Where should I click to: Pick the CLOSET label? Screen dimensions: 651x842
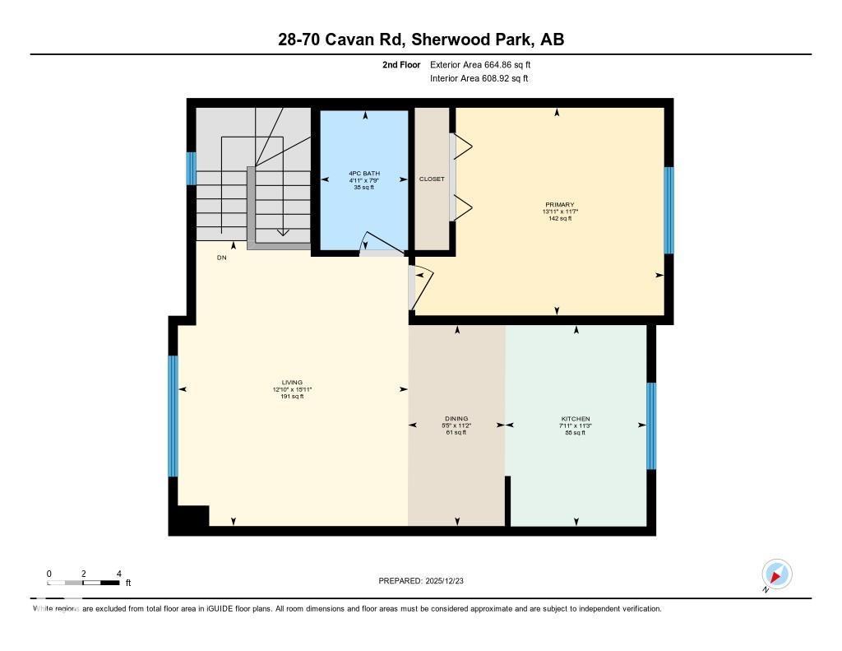[x=432, y=179]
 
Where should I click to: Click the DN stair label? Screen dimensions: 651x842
[x=221, y=258]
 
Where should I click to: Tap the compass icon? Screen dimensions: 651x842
[x=776, y=574]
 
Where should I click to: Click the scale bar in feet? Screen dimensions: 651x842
[x=83, y=583]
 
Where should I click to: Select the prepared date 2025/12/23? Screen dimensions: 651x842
[x=427, y=581]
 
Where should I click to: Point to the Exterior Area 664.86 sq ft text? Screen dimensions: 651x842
[x=486, y=64]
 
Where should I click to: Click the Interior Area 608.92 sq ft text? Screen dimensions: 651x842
[x=479, y=79]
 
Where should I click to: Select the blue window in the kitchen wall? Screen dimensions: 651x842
[x=651, y=425]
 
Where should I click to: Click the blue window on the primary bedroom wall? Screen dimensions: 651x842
[x=669, y=210]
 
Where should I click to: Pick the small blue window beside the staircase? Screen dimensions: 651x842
[x=191, y=169]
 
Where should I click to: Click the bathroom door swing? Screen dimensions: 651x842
[x=379, y=242]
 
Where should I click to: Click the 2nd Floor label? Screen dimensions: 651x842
[x=401, y=64]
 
